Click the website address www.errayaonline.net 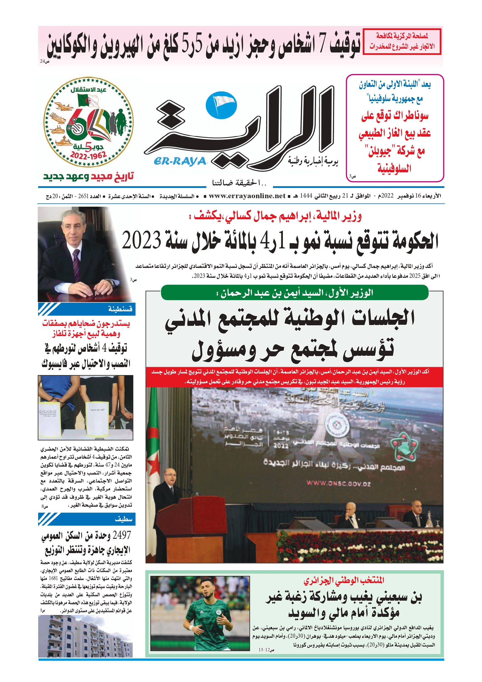tap(247, 196)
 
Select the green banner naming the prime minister tap(294, 293)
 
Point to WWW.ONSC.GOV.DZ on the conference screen tap(338, 483)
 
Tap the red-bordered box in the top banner tap(402, 41)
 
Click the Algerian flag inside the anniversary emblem tap(88, 101)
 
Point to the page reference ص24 tap(44, 61)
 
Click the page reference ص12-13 tap(266, 650)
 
